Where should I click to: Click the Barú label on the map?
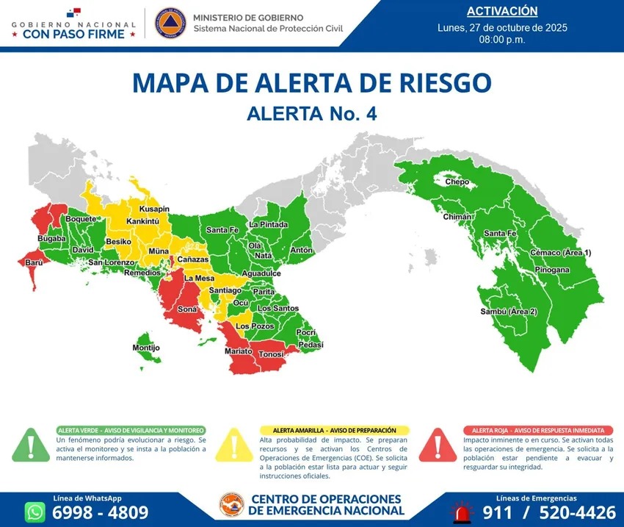click(34, 262)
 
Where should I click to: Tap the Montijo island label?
click(146, 347)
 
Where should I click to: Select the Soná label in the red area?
click(187, 309)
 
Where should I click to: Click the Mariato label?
click(239, 352)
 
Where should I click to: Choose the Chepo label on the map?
click(457, 181)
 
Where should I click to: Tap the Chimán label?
click(456, 218)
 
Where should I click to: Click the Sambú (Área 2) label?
click(509, 312)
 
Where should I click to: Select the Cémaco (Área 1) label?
click(560, 253)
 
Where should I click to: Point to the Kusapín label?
click(154, 209)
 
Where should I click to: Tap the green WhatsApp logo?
click(35, 512)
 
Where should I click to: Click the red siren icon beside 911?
click(462, 512)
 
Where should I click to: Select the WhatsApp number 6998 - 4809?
click(100, 512)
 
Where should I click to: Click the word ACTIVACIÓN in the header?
click(502, 11)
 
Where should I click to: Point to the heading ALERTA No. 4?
click(311, 114)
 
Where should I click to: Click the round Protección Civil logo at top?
click(170, 22)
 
